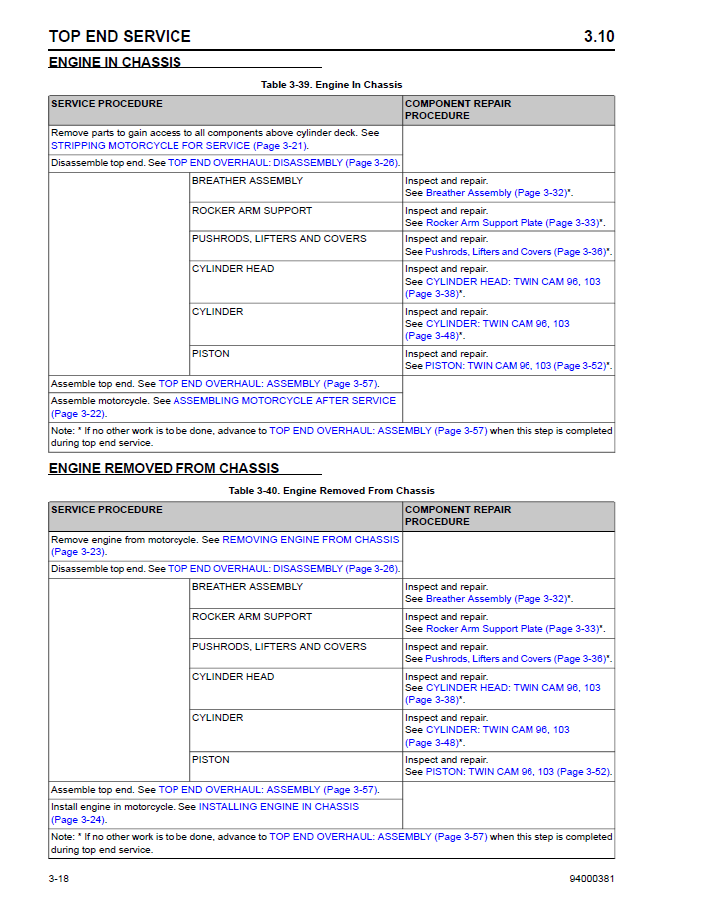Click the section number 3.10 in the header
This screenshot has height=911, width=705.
click(x=598, y=37)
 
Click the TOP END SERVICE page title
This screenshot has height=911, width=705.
click(x=120, y=37)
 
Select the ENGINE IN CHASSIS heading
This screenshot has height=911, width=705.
click(x=115, y=62)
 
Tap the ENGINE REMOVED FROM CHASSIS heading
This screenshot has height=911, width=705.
click(x=164, y=468)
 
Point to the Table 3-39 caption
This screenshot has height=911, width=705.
click(x=331, y=85)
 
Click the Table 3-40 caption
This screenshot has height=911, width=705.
click(x=331, y=491)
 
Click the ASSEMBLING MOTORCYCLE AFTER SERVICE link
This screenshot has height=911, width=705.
click(x=284, y=400)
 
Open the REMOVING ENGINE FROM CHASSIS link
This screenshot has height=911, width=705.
click(x=310, y=539)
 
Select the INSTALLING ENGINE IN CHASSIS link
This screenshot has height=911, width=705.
click(x=279, y=806)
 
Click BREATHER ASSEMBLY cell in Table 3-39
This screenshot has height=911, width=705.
click(x=247, y=181)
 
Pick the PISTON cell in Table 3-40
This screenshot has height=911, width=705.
click(x=211, y=760)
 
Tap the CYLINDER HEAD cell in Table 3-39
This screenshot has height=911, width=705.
click(x=233, y=269)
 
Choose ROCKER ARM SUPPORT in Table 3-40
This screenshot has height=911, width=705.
click(x=252, y=617)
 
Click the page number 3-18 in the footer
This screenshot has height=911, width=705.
click(x=58, y=879)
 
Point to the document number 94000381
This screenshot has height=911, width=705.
click(x=584, y=879)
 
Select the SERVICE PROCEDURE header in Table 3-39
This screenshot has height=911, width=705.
click(x=107, y=104)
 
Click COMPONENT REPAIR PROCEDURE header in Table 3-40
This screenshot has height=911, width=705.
click(x=457, y=515)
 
